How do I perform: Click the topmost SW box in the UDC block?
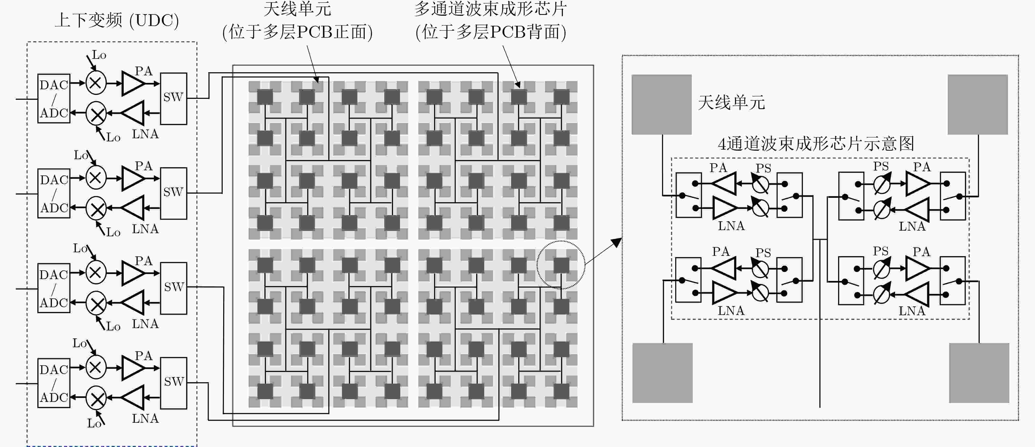coord(173,99)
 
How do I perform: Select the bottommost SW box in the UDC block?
coord(173,383)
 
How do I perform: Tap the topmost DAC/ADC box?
coord(54,99)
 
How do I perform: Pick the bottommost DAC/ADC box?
coord(54,383)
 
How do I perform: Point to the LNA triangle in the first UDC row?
coord(132,113)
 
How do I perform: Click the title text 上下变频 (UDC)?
coord(116,20)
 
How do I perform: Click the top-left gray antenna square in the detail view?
coord(661,104)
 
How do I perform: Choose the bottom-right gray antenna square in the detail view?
coord(979,373)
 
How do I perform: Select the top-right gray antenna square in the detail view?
coord(978,104)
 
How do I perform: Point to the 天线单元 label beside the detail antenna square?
coord(731,102)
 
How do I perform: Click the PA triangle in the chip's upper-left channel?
coord(724,184)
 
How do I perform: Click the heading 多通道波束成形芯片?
coord(491,9)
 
